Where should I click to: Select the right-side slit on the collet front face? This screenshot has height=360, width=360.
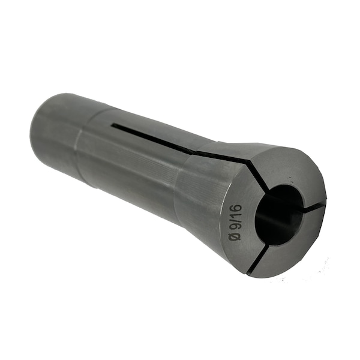point(314,206)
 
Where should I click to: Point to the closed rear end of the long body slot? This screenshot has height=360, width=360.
point(113,125)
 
